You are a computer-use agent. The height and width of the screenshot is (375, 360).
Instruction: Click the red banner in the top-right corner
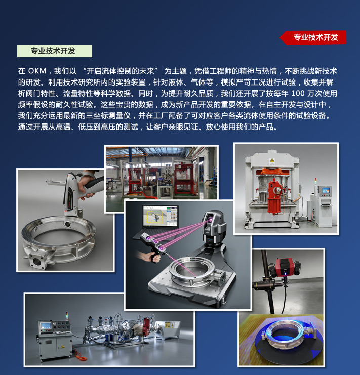pos(313,37)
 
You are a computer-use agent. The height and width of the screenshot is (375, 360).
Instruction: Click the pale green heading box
pos(55,51)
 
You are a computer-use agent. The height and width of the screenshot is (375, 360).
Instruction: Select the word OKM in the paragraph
pos(37,71)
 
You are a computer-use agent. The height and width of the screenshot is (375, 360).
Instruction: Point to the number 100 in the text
pos(298,93)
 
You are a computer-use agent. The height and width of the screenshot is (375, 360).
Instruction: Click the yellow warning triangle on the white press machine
pos(272,161)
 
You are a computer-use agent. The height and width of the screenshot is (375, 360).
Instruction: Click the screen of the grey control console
pos(46,326)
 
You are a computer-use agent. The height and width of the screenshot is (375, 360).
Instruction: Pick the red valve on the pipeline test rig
pos(146,326)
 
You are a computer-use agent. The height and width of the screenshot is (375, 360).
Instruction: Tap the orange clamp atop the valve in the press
pos(271,172)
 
